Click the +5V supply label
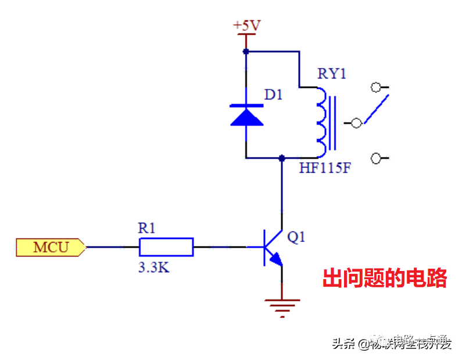246,26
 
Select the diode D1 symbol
246,115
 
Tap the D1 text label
273,94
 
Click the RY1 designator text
331,74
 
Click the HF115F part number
325,169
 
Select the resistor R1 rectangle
166,247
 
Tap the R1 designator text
146,229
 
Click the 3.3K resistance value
153,268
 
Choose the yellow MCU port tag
51,247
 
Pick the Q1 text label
296,237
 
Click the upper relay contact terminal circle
376,88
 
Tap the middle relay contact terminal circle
357,123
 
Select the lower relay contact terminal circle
376,158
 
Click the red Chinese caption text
385,279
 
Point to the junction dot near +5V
246,52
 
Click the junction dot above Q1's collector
282,158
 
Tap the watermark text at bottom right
392,343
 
